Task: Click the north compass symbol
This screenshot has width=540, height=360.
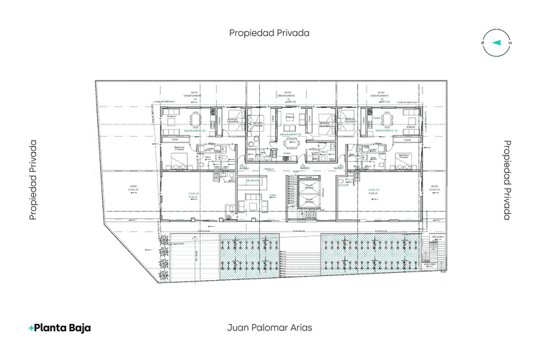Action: pyautogui.click(x=495, y=42)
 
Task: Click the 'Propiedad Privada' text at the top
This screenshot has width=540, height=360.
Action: pyautogui.click(x=269, y=32)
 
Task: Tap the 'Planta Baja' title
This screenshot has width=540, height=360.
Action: pyautogui.click(x=60, y=328)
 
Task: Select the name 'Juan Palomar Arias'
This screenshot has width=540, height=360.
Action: pyautogui.click(x=269, y=326)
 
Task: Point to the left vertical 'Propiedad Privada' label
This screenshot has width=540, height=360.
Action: pyautogui.click(x=33, y=180)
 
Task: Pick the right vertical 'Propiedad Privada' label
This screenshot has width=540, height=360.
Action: pyautogui.click(x=507, y=180)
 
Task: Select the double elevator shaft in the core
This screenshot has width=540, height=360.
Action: pyautogui.click(x=309, y=195)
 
